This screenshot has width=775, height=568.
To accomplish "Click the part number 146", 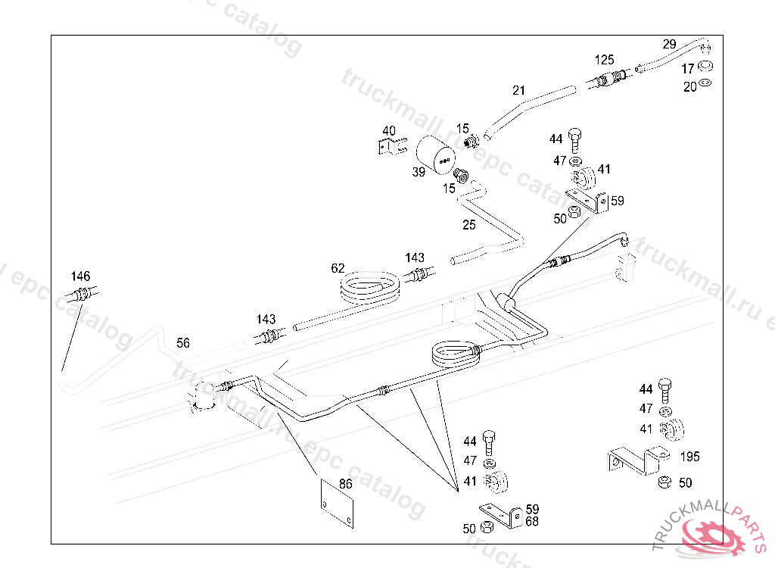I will point(81,276).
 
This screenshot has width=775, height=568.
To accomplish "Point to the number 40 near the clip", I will point(389,131).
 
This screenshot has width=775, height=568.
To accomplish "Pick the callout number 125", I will point(604,59).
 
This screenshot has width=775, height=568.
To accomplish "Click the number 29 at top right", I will point(669,44).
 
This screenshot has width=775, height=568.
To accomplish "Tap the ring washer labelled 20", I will point(705,83).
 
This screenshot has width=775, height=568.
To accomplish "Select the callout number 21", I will point(518,90).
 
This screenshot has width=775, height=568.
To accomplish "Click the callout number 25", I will point(469,224).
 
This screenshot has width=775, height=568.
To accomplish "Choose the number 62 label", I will point(338,267).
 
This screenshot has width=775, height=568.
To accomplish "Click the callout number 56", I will point(183,342).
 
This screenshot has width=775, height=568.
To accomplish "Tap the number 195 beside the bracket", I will point(689,457).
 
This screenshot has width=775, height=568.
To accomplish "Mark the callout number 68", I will point(532,521).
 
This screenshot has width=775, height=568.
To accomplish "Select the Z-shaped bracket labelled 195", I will point(636,459).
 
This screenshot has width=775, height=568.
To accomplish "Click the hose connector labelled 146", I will point(82,293).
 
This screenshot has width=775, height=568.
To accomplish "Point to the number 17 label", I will point(688,69).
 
